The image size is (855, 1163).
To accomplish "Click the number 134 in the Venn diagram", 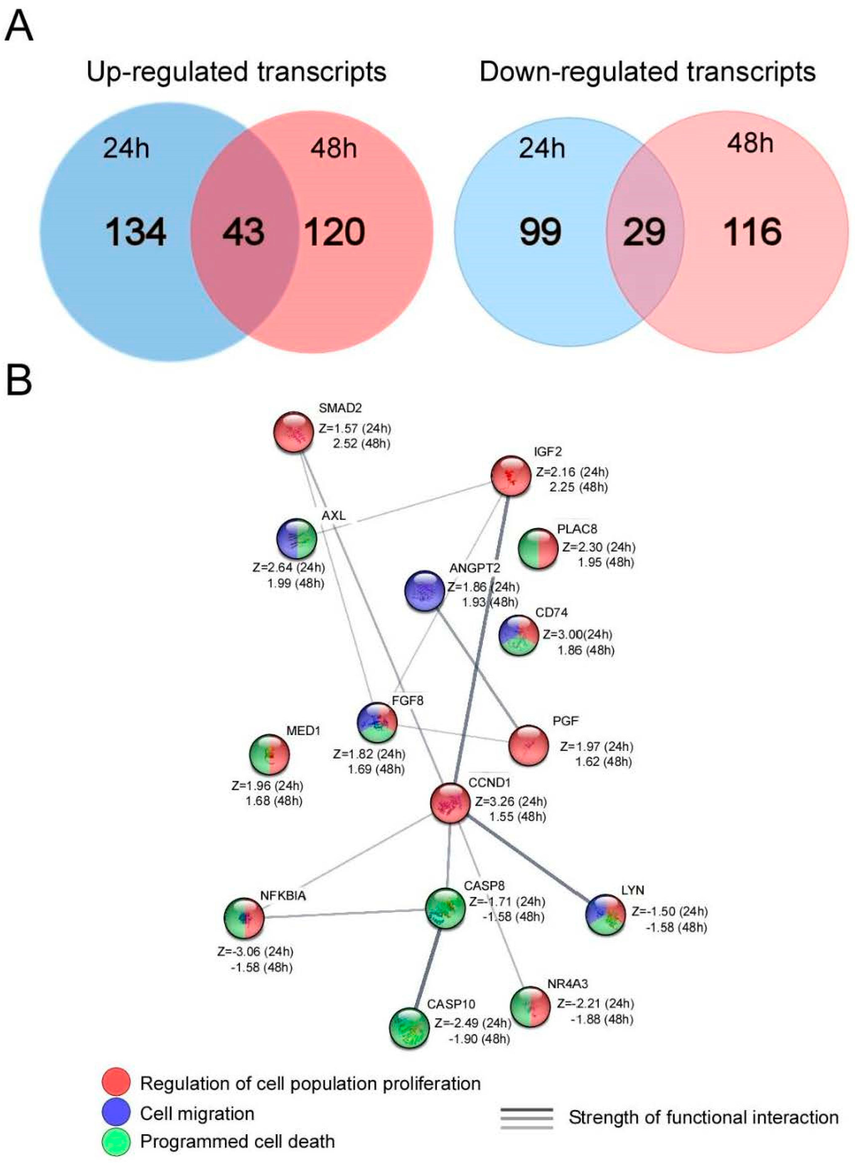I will tap(136, 232).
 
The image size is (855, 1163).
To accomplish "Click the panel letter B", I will tap(19, 381).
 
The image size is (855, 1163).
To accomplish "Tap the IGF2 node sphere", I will tap(511, 476).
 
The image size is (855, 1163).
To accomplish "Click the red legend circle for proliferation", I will tap(116, 1082).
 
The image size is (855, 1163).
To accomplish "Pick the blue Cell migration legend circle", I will tap(116, 1112).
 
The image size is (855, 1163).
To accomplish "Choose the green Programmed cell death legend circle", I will tap(116, 1141).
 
